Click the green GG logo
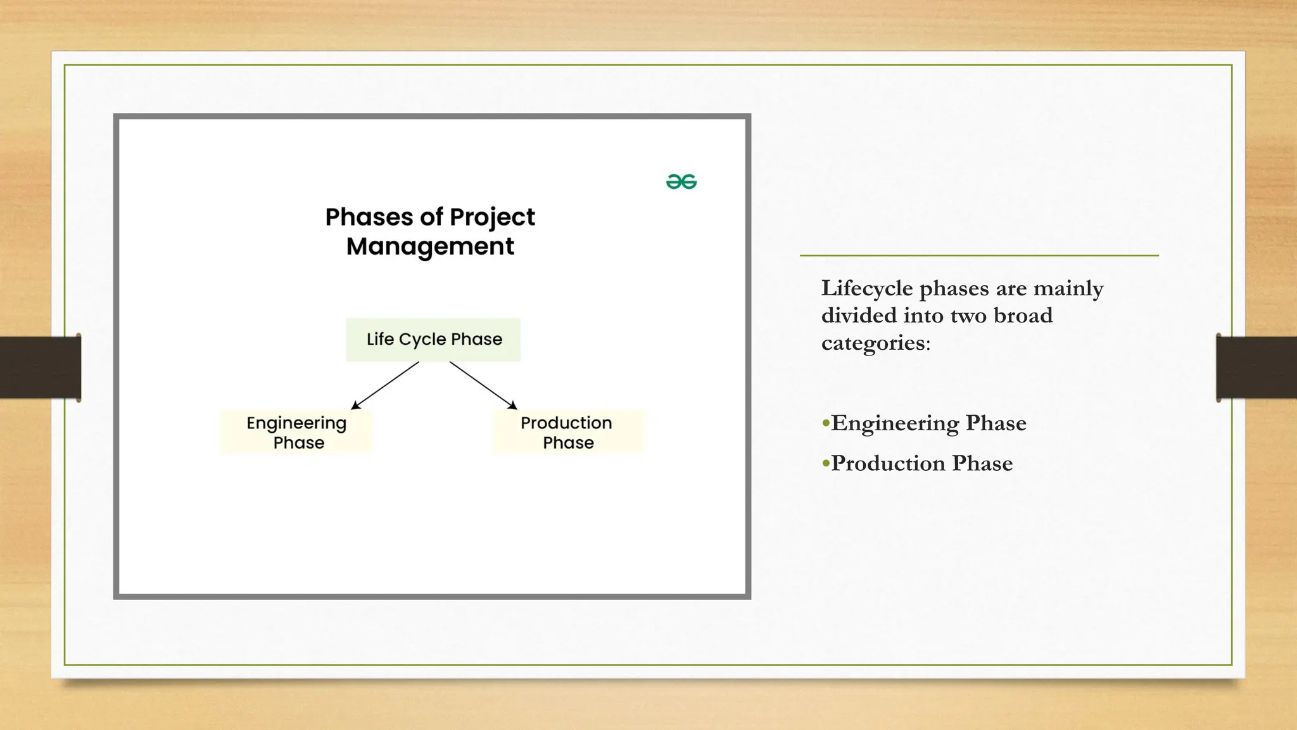[x=681, y=182]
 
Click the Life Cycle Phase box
[x=433, y=340]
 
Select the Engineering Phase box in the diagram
[x=296, y=432]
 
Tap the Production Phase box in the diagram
[x=568, y=432]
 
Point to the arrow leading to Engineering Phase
[x=384, y=385]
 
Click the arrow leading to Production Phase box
[x=484, y=385]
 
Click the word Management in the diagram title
[x=430, y=247]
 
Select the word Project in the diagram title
[x=492, y=217]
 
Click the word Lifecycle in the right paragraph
[x=867, y=289]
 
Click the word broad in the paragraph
[x=1023, y=316]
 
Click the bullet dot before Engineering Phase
[x=825, y=423]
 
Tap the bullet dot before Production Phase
[x=825, y=463]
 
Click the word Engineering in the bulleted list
[x=895, y=423]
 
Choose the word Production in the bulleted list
[x=888, y=463]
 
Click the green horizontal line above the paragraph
[x=979, y=255]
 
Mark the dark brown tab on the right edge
[x=1256, y=368]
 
